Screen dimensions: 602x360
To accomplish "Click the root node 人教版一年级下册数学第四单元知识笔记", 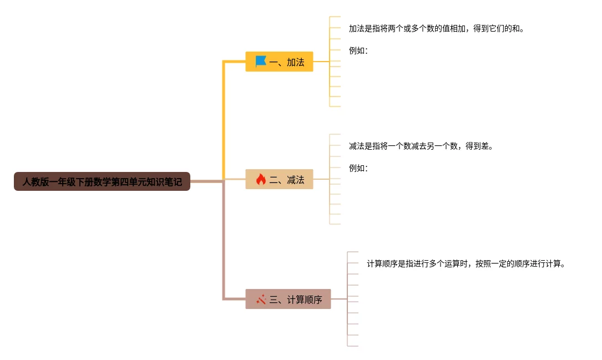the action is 102,181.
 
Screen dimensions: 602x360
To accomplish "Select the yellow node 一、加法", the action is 279,62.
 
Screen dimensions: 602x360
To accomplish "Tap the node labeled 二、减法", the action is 279,179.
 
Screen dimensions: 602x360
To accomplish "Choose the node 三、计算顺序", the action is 288,299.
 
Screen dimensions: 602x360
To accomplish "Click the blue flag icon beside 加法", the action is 261,62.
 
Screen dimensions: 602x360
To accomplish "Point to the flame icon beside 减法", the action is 261,179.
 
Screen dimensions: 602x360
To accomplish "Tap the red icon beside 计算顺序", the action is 261,299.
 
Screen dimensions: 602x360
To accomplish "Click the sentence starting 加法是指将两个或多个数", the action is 436,29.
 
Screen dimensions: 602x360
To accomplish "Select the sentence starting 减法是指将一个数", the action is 421,146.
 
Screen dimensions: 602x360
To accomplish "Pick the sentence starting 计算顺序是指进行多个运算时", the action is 466,264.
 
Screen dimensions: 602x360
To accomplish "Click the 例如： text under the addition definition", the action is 358,51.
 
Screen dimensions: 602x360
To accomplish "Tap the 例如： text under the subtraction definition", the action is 358,168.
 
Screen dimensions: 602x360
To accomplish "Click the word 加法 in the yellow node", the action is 296,62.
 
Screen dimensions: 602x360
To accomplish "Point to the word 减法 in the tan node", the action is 296,180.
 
